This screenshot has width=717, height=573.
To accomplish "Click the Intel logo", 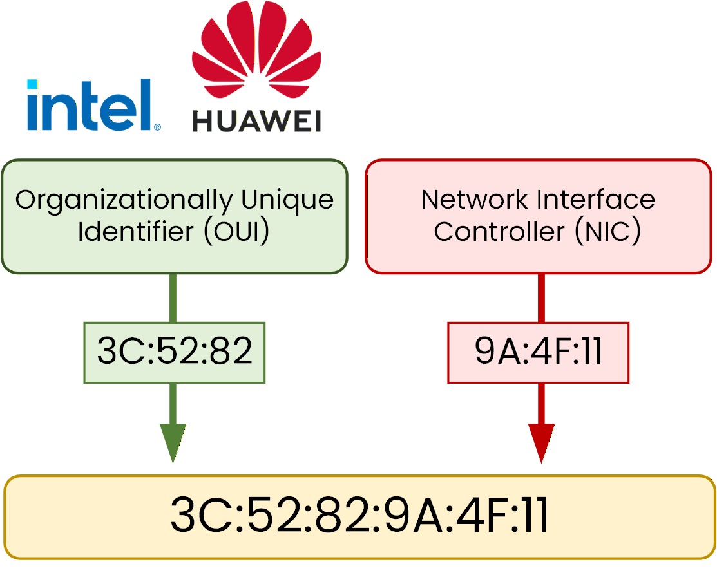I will tap(90, 104).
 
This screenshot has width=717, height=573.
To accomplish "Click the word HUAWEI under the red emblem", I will tap(256, 121).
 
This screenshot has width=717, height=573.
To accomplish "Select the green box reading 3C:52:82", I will tap(174, 352).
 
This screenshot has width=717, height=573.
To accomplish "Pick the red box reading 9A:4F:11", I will tap(538, 352).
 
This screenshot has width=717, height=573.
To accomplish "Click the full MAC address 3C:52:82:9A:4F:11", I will tap(359, 516).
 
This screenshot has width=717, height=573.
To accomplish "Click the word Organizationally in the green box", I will tap(123, 201).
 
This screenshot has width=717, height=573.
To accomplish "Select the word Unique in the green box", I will tap(287, 200).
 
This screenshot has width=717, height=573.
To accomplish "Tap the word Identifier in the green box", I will tap(135, 232).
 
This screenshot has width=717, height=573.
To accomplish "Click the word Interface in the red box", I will tap(599, 200).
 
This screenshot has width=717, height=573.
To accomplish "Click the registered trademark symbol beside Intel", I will tap(157, 127).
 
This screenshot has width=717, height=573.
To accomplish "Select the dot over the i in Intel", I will tap(32, 84).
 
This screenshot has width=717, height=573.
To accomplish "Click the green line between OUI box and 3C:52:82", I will tap(173, 297).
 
